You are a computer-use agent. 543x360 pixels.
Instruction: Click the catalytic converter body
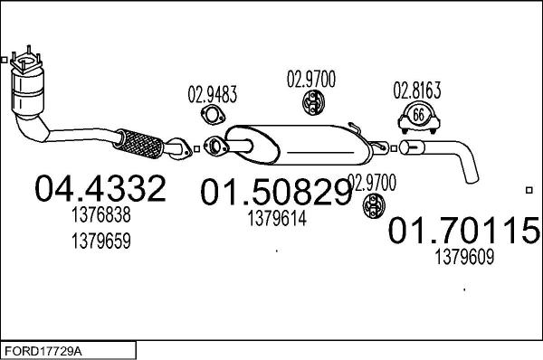(29, 91)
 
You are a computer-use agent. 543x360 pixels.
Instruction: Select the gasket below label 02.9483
(214, 114)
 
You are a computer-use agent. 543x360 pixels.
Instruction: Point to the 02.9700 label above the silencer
(310, 80)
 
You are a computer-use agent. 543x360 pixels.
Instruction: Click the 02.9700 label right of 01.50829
(372, 183)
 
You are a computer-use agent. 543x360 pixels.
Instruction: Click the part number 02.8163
(416, 90)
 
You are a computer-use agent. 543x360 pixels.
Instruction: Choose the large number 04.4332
(100, 189)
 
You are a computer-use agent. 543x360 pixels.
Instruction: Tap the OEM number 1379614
(276, 218)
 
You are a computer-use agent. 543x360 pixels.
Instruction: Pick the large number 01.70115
(464, 232)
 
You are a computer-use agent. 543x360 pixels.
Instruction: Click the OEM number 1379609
(465, 258)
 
